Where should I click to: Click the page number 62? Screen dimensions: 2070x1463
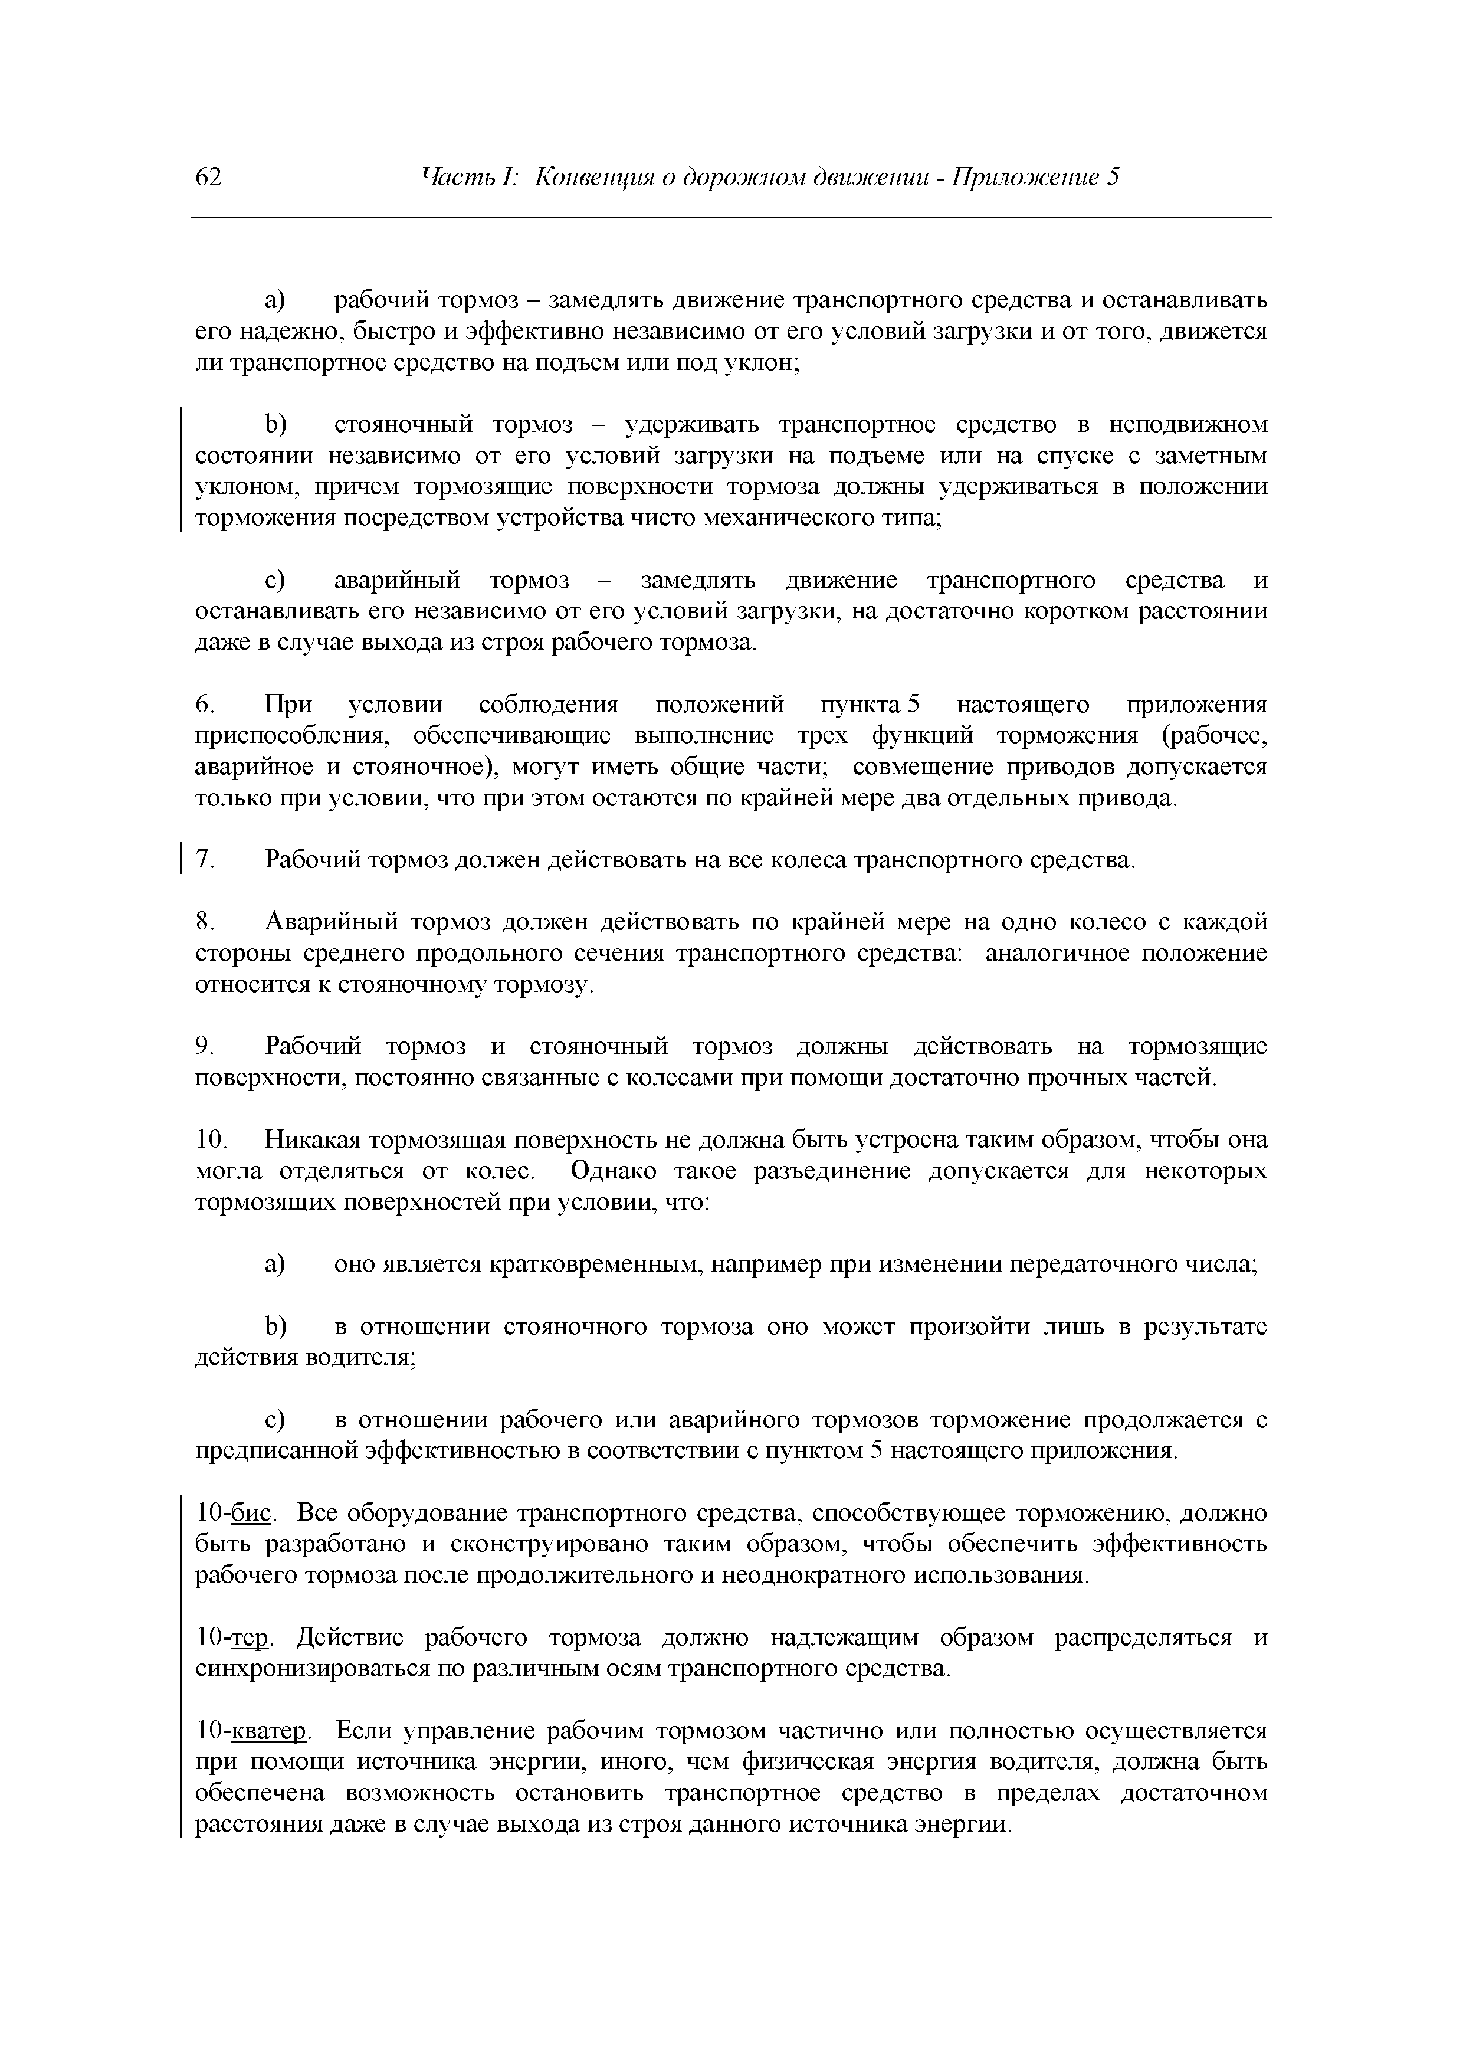pos(208,178)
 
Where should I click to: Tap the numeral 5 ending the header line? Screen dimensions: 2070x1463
pos(1113,178)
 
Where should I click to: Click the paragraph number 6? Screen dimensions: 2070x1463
pos(204,704)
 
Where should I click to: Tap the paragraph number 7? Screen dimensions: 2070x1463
pos(205,860)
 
